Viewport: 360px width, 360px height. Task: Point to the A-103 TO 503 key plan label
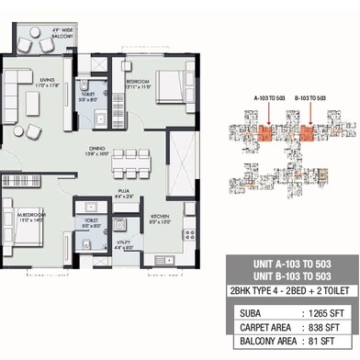click(269, 96)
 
